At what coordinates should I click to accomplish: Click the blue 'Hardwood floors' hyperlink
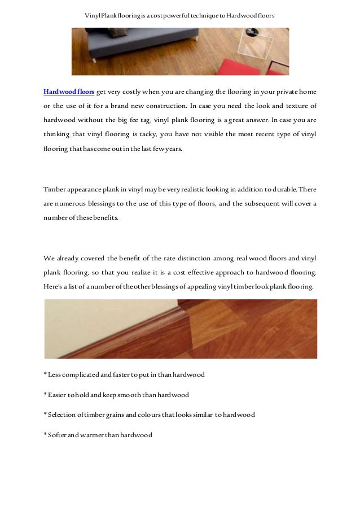[x=69, y=91]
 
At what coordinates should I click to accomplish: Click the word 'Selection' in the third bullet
[x=62, y=415]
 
